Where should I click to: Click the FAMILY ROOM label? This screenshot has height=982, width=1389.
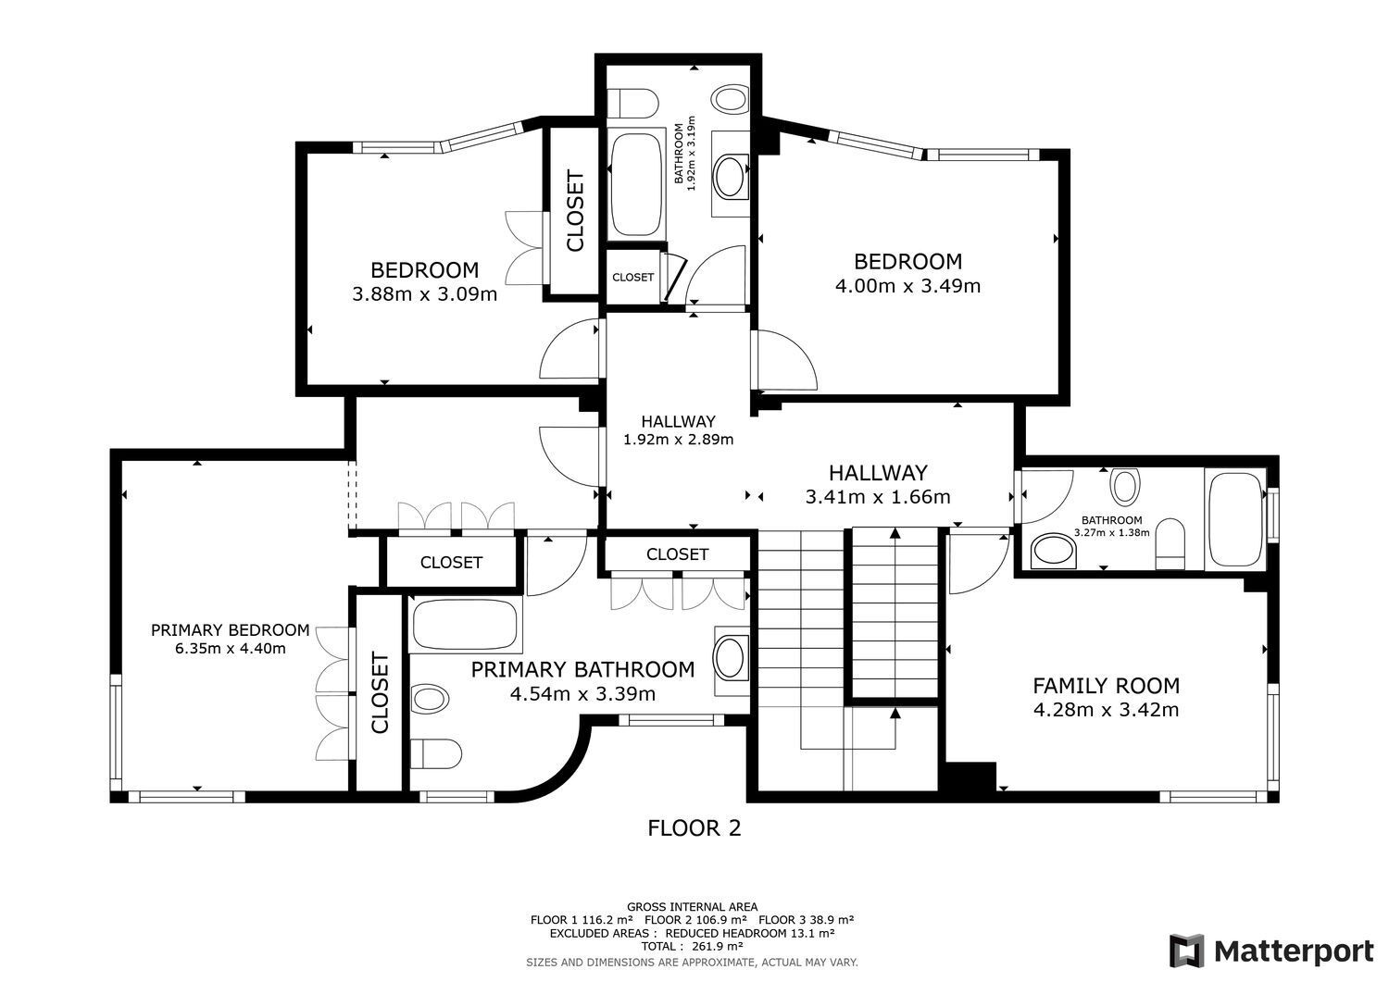tap(1106, 686)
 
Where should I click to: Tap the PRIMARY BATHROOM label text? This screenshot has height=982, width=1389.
tap(582, 669)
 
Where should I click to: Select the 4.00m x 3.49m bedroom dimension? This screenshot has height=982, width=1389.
tap(907, 286)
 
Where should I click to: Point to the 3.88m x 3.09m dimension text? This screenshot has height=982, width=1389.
tap(425, 293)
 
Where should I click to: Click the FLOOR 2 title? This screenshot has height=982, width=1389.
tap(694, 828)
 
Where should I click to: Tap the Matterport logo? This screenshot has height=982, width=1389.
tap(1271, 951)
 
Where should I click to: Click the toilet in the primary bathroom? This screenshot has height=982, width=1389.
tap(435, 754)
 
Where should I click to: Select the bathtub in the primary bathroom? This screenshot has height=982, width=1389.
tap(465, 624)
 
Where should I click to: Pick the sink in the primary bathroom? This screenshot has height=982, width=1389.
tap(730, 660)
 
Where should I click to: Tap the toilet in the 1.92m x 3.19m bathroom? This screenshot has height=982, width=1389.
tap(632, 104)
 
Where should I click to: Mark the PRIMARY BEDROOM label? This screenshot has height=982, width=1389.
tap(230, 630)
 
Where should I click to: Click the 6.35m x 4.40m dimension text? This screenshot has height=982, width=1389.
tap(230, 649)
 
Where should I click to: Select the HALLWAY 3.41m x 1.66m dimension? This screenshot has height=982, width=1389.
tap(878, 497)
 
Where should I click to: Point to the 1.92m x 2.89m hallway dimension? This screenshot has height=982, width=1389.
tap(679, 440)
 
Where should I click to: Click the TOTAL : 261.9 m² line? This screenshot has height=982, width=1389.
tap(692, 946)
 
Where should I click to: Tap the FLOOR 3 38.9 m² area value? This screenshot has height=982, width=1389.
tap(807, 920)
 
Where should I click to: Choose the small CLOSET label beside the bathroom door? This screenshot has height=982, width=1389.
tap(632, 277)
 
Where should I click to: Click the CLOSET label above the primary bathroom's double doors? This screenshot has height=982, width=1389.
tap(677, 554)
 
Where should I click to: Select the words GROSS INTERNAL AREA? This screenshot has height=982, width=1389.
tap(692, 907)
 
